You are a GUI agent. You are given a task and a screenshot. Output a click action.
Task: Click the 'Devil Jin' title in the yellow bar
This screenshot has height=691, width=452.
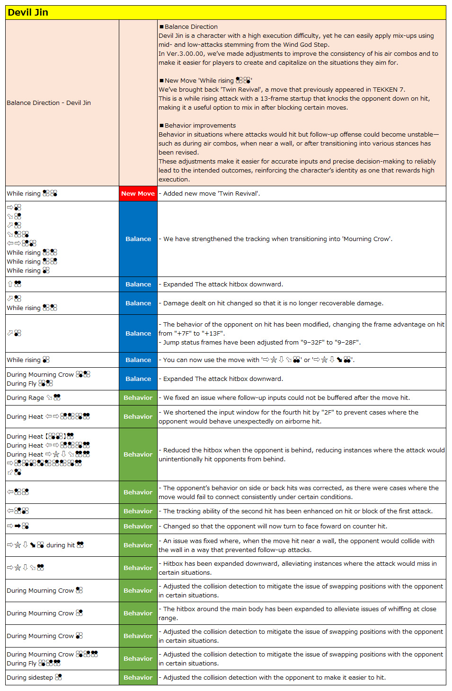[x=28, y=13]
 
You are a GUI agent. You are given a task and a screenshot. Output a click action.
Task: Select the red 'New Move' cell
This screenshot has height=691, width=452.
[x=138, y=193]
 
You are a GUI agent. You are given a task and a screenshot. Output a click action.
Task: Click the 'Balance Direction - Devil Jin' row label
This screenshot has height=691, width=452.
[x=49, y=103]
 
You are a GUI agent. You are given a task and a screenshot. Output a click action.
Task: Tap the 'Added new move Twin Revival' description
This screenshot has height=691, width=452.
[x=211, y=193]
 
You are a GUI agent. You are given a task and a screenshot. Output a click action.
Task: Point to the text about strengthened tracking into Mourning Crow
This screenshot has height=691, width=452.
[x=277, y=239]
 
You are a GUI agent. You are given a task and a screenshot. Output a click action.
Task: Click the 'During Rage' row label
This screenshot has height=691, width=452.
[x=25, y=397]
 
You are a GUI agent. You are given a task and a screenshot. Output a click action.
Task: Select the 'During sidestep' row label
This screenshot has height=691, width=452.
[x=30, y=677]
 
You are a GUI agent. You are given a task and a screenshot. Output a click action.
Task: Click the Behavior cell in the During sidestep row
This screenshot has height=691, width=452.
[x=138, y=677]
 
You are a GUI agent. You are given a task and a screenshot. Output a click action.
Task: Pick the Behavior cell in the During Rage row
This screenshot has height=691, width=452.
[x=138, y=397]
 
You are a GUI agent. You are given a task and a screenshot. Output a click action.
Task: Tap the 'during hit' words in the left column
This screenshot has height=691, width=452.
[x=60, y=545]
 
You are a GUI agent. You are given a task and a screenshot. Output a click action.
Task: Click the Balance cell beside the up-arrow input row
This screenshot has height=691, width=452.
[x=138, y=284]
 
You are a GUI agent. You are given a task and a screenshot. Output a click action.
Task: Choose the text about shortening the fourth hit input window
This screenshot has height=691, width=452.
[x=290, y=412]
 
